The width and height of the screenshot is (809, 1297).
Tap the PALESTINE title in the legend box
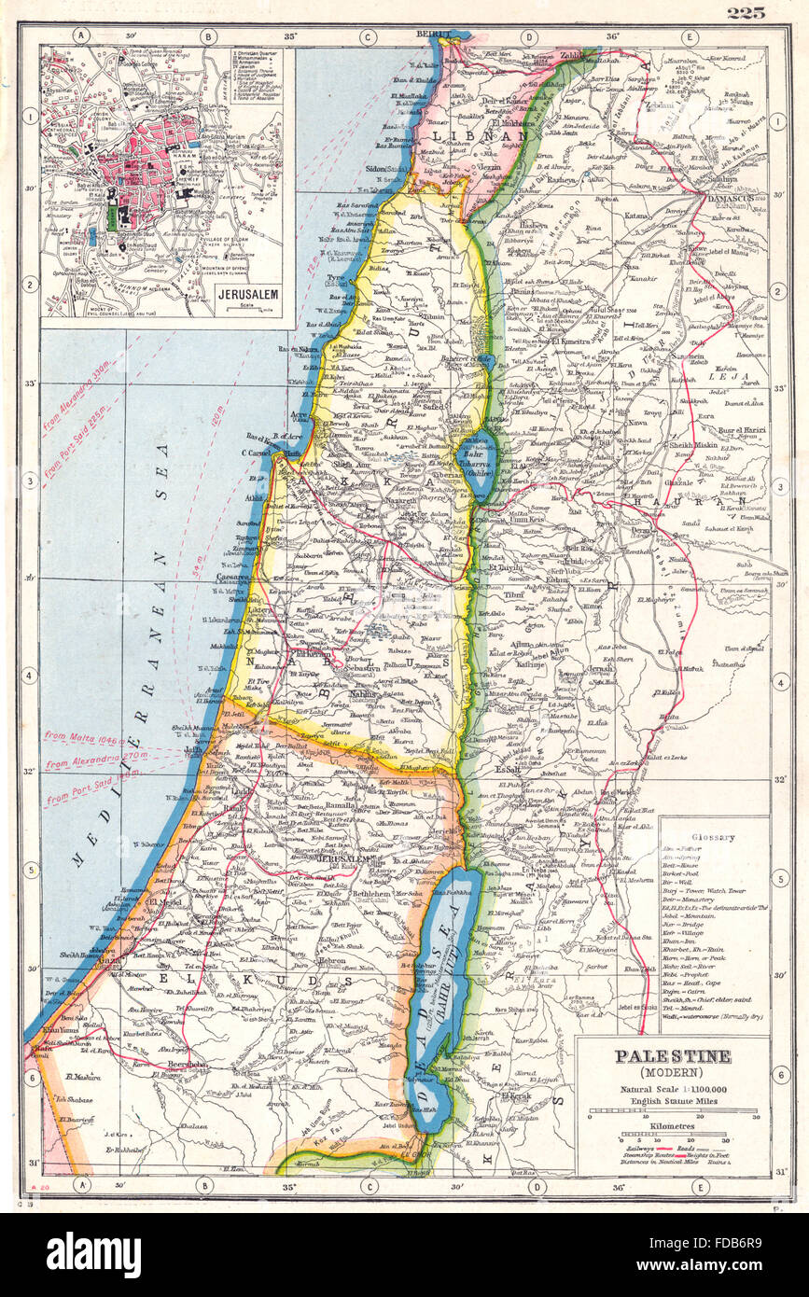(x=672, y=1056)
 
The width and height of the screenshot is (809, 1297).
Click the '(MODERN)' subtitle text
(x=672, y=1073)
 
